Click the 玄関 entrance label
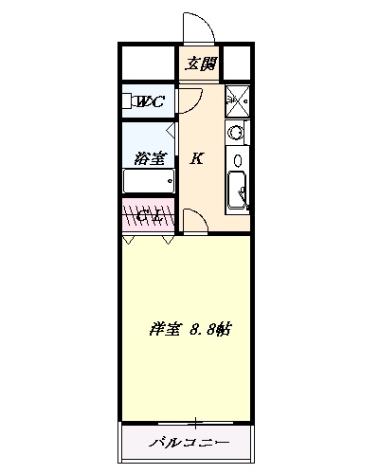(200, 64)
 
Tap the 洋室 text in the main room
(165, 330)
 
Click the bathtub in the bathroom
(148, 180)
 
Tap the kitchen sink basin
(237, 191)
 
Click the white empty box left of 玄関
(148, 64)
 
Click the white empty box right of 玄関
(237, 64)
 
